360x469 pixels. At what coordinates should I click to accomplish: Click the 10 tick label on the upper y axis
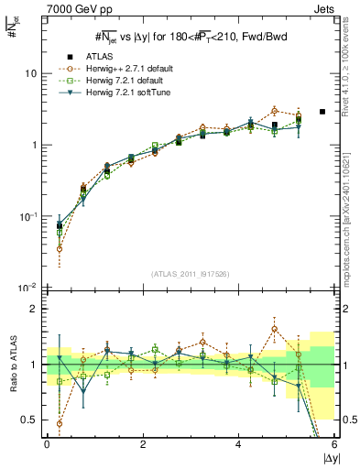click(x=29, y=73)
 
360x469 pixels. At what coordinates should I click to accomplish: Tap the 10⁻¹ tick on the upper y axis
click(x=27, y=216)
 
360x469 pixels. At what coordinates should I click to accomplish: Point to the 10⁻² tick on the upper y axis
click(x=27, y=288)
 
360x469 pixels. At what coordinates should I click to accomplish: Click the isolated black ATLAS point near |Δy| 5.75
click(x=322, y=112)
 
